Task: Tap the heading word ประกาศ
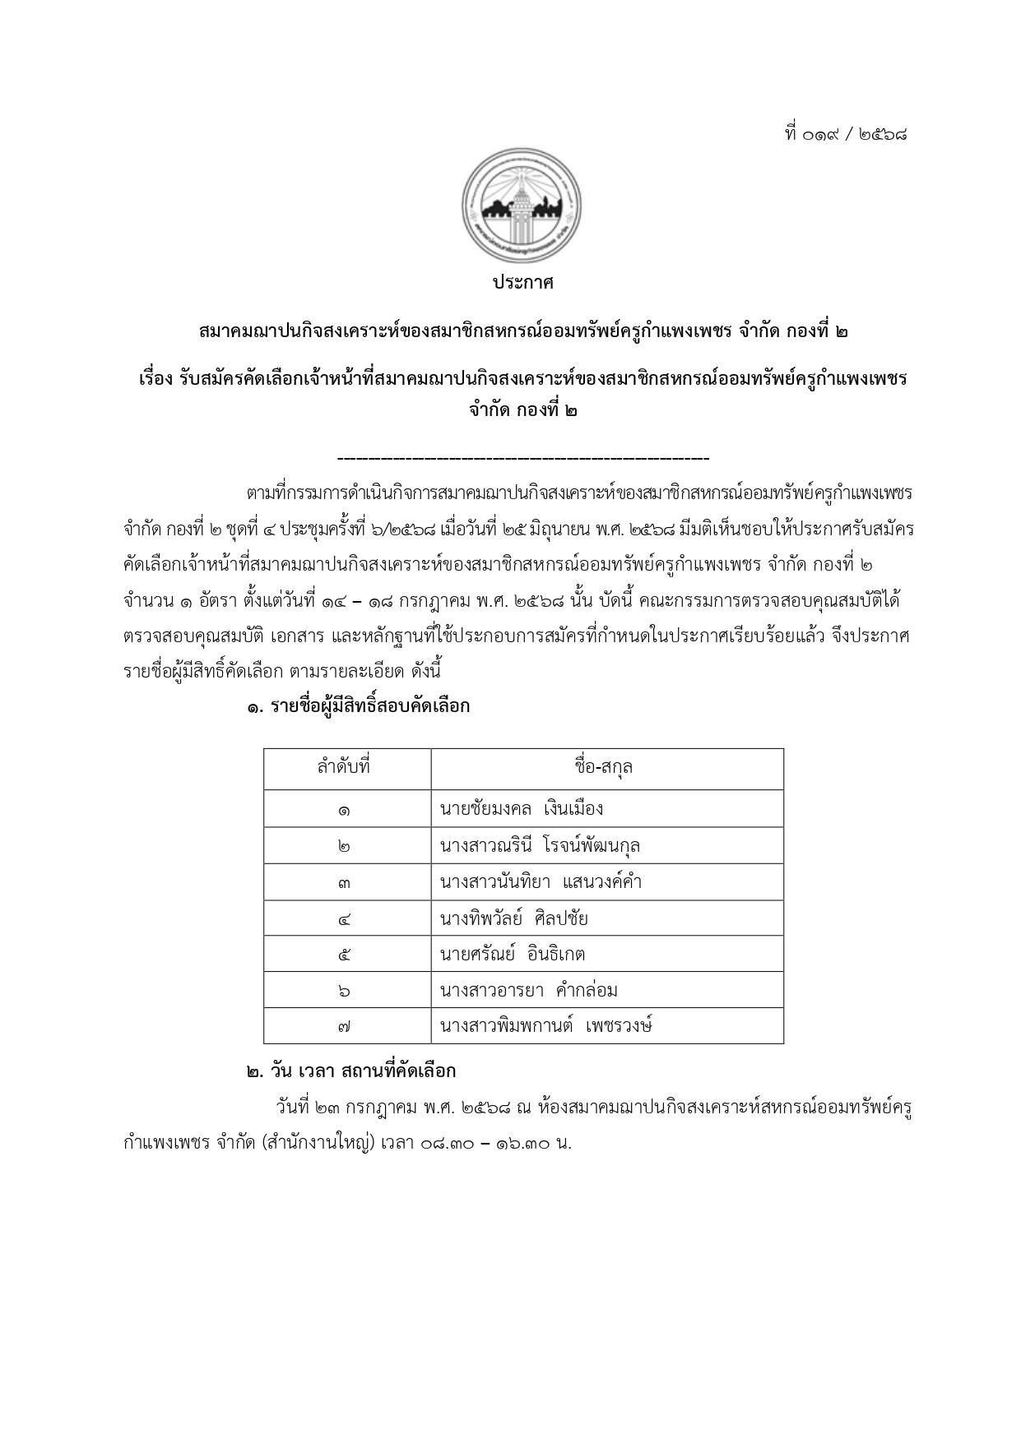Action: coord(523,283)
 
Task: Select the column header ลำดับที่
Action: coord(344,767)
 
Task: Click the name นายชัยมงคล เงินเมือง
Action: coord(522,808)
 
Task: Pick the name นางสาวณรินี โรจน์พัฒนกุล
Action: coord(540,845)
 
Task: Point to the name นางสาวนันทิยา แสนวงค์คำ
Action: coord(541,882)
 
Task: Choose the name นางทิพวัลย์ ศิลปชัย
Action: coord(514,918)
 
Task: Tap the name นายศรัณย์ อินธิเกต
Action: coord(513,955)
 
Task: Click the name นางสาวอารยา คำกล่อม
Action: coord(529,991)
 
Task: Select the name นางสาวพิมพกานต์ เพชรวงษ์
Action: coord(546,1026)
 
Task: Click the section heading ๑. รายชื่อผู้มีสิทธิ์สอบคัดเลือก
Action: coord(358,705)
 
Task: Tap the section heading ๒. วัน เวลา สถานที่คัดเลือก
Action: coord(350,1071)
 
